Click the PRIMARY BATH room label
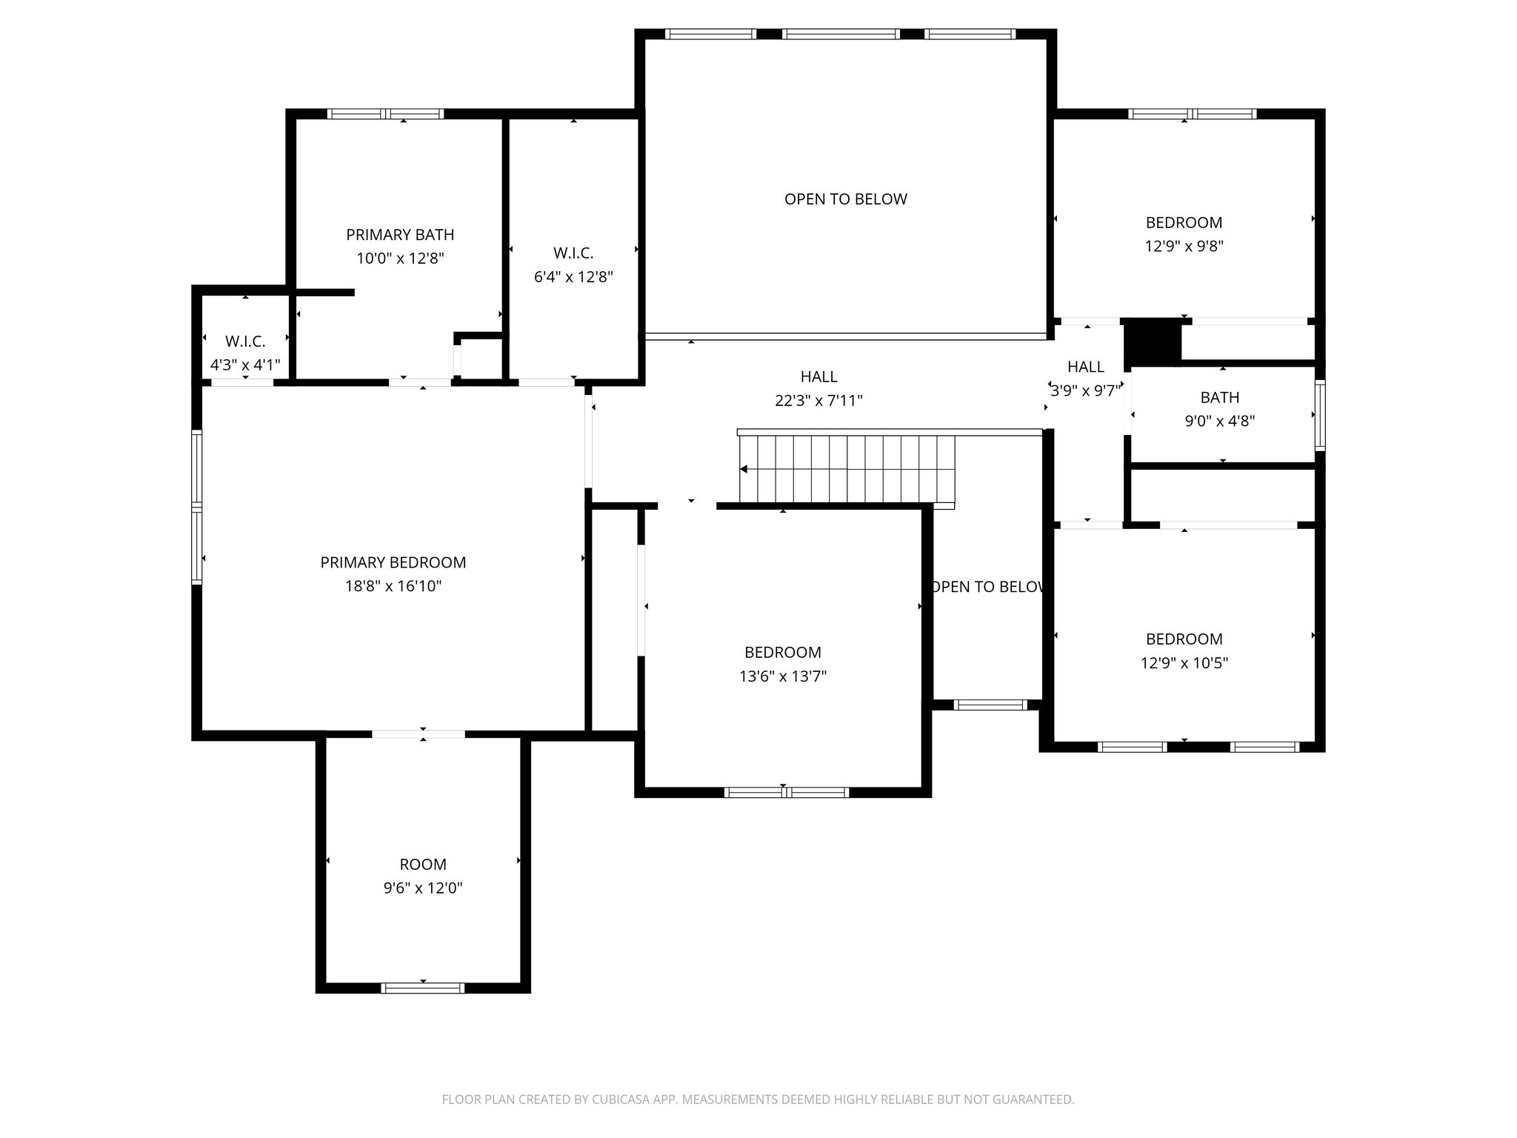(x=400, y=235)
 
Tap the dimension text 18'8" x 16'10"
(x=393, y=586)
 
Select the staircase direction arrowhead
(x=744, y=469)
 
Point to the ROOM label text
(x=423, y=864)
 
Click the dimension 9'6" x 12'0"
(x=423, y=888)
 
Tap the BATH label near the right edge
(x=1220, y=397)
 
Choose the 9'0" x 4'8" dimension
(x=1220, y=421)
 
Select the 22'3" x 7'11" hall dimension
(x=818, y=401)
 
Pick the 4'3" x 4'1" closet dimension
(x=245, y=365)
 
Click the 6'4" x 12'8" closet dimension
(x=573, y=277)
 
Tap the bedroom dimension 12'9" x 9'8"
(x=1184, y=246)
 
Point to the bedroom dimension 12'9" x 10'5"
(x=1184, y=662)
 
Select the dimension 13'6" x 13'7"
(x=783, y=676)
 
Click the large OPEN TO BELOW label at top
(x=846, y=199)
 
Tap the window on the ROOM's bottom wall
(x=423, y=988)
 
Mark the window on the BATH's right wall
(x=1320, y=416)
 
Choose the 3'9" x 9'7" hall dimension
(x=1086, y=390)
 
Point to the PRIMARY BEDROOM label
(x=393, y=562)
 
